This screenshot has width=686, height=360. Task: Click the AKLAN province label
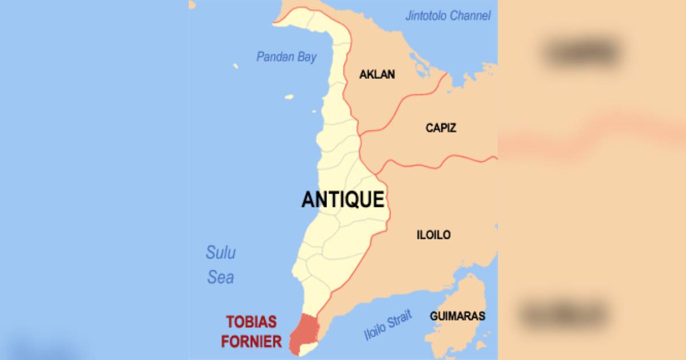point(377,74)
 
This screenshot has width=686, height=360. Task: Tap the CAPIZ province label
point(441,128)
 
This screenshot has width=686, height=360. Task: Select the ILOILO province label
point(433,235)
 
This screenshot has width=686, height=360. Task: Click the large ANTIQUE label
point(342,200)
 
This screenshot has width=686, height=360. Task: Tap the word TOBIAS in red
point(251,321)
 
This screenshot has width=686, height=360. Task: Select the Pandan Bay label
point(286,57)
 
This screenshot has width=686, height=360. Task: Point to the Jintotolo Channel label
point(448,16)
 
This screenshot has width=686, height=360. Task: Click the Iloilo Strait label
point(388,327)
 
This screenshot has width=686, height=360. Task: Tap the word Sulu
point(221,253)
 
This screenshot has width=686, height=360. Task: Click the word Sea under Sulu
point(221,278)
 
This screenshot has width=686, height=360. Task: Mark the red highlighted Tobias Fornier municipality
point(302,334)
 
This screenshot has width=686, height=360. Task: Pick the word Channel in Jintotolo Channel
point(470,16)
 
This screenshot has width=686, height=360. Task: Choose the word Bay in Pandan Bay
point(306,57)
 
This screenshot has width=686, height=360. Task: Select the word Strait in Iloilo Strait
point(400,321)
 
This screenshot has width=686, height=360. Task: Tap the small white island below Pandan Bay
point(289,97)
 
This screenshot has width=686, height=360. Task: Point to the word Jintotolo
point(426,16)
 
